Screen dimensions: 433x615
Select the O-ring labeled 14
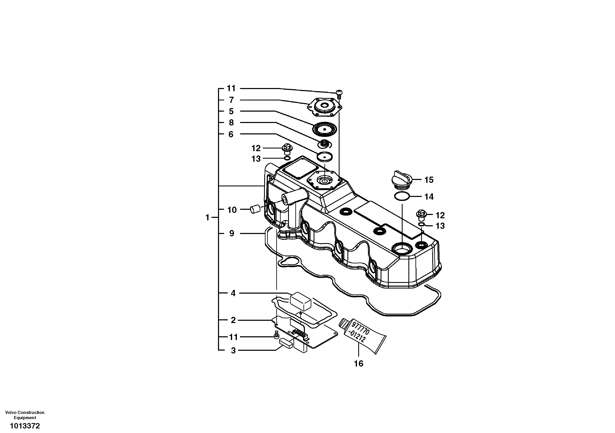pos(402,196)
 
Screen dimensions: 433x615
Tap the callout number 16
pos(358,363)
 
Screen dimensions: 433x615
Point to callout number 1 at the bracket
pos(207,217)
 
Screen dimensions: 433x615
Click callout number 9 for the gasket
pos(232,234)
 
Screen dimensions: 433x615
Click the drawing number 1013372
pos(25,426)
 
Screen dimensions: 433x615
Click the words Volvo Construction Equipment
pos(25,415)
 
